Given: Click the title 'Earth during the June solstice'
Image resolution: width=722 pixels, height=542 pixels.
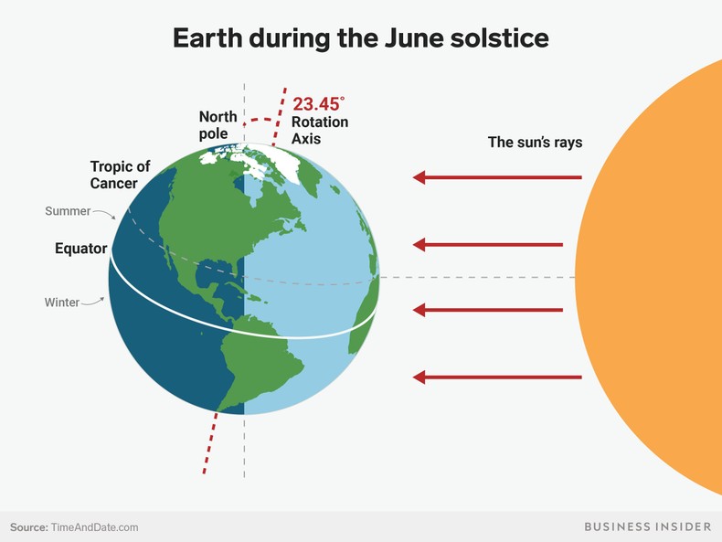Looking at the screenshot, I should (x=361, y=38).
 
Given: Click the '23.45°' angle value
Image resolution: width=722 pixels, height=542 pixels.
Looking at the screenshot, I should (x=320, y=104).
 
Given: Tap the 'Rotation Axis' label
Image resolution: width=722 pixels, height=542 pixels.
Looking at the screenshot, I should (x=319, y=131).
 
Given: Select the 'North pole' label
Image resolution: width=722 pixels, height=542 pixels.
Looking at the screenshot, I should (x=218, y=124).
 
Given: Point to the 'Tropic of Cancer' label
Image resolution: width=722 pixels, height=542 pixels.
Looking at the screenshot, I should (x=120, y=175).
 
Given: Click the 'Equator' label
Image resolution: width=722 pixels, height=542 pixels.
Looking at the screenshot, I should (x=80, y=249).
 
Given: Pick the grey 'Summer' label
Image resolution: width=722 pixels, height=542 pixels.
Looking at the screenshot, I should (x=68, y=211).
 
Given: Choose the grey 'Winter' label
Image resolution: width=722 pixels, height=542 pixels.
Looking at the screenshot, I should (x=62, y=302).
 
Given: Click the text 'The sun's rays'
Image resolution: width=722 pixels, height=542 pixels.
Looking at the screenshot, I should (x=535, y=143).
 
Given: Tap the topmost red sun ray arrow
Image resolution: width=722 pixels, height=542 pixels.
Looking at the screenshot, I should (x=496, y=177).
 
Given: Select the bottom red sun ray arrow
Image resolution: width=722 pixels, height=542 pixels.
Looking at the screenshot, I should (x=496, y=377).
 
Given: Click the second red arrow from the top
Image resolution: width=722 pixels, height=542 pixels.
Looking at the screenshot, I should (x=487, y=244).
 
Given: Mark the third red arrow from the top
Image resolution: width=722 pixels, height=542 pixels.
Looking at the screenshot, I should (x=487, y=310).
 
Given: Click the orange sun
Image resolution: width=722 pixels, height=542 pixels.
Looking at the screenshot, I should (x=658, y=274).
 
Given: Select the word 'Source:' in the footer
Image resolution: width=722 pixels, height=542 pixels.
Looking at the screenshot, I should (x=29, y=527).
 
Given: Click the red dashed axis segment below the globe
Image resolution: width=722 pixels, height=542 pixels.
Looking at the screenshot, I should (x=209, y=442).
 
